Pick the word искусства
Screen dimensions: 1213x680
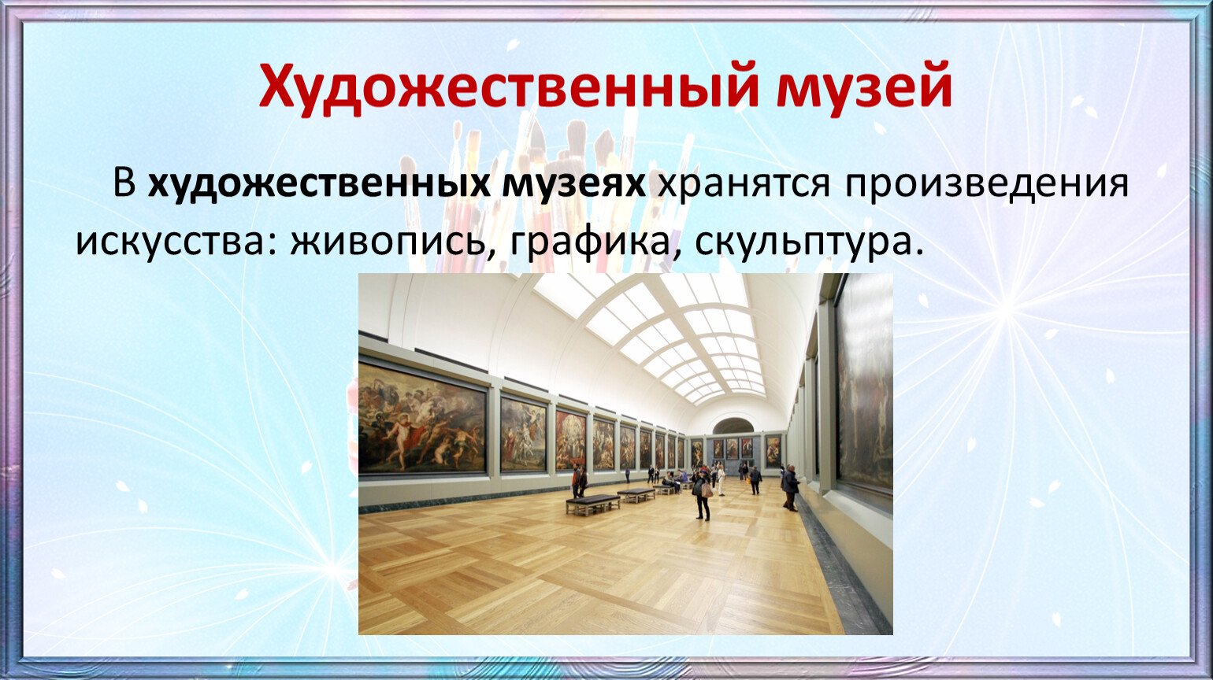(x=176, y=243)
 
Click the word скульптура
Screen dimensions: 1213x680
(x=807, y=245)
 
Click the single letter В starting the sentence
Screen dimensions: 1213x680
(x=124, y=184)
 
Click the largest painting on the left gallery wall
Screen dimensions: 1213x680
(x=422, y=418)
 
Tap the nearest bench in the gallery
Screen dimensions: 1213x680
(x=593, y=504)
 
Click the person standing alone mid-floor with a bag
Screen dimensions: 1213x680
(x=702, y=495)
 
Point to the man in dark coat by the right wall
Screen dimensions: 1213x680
(x=790, y=487)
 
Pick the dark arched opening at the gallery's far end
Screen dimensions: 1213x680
(x=733, y=427)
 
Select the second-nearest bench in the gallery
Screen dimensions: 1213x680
(x=636, y=495)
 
